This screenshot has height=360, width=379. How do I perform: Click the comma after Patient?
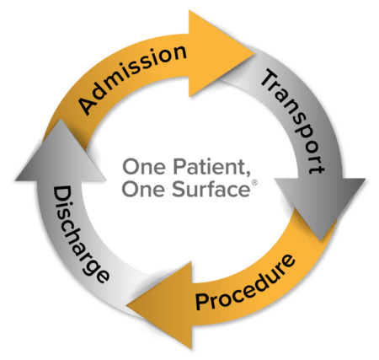[x=240, y=172]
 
